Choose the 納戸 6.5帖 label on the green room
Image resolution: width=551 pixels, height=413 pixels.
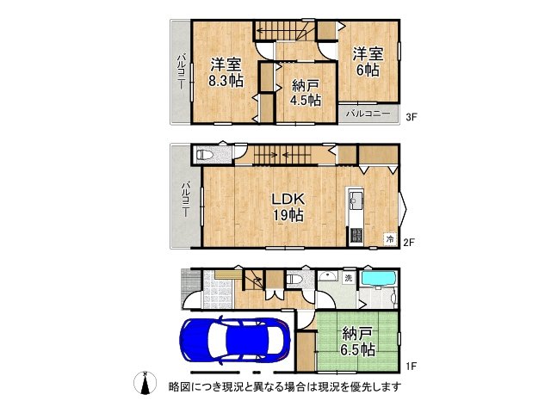click(356, 341)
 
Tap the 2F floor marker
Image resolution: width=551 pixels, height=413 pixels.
click(410, 242)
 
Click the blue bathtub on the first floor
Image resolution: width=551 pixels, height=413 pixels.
click(376, 280)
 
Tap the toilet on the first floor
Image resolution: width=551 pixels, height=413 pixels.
click(295, 280)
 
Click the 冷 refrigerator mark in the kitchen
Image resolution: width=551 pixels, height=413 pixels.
click(390, 238)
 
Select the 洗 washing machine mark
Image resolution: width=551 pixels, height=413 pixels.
click(348, 279)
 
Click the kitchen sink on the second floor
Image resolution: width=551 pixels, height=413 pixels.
click(355, 204)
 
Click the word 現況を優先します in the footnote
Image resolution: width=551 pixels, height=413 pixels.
click(352, 386)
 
